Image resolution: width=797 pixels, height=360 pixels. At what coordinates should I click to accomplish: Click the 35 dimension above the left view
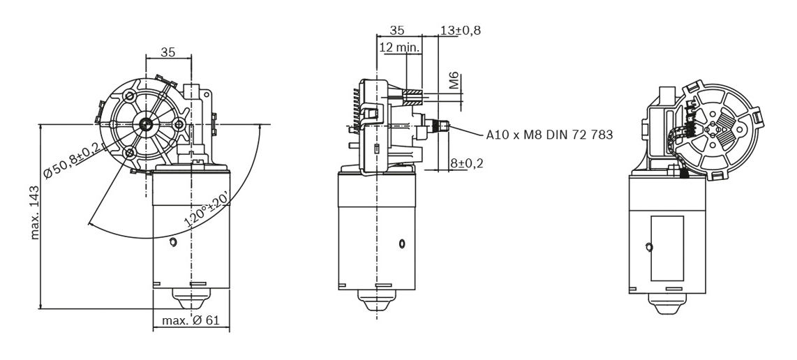click(x=168, y=51)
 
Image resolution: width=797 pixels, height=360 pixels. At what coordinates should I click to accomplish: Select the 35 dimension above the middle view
click(x=397, y=30)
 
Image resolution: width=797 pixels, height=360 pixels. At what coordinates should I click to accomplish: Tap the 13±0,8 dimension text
click(x=461, y=30)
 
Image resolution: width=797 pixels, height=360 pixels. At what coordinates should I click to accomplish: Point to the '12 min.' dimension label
click(x=399, y=47)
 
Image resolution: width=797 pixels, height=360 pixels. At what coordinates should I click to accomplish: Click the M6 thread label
click(x=454, y=81)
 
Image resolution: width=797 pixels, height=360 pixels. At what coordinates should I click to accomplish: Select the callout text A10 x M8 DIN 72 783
click(x=549, y=135)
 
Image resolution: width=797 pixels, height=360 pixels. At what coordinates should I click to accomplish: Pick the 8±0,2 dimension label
click(x=467, y=163)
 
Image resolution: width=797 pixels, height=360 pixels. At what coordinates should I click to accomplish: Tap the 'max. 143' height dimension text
click(x=35, y=212)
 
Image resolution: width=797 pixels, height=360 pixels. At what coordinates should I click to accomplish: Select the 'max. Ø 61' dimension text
click(x=191, y=321)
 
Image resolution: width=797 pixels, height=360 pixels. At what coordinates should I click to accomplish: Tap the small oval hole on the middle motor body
click(x=402, y=243)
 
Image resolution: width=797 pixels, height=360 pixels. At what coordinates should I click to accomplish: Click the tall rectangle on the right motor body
click(x=666, y=248)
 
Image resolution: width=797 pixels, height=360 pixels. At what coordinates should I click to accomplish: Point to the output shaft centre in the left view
click(x=146, y=124)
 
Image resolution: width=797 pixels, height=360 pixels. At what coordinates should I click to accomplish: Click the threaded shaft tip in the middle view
click(x=442, y=126)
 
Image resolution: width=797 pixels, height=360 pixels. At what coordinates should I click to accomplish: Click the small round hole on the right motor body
click(x=648, y=247)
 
